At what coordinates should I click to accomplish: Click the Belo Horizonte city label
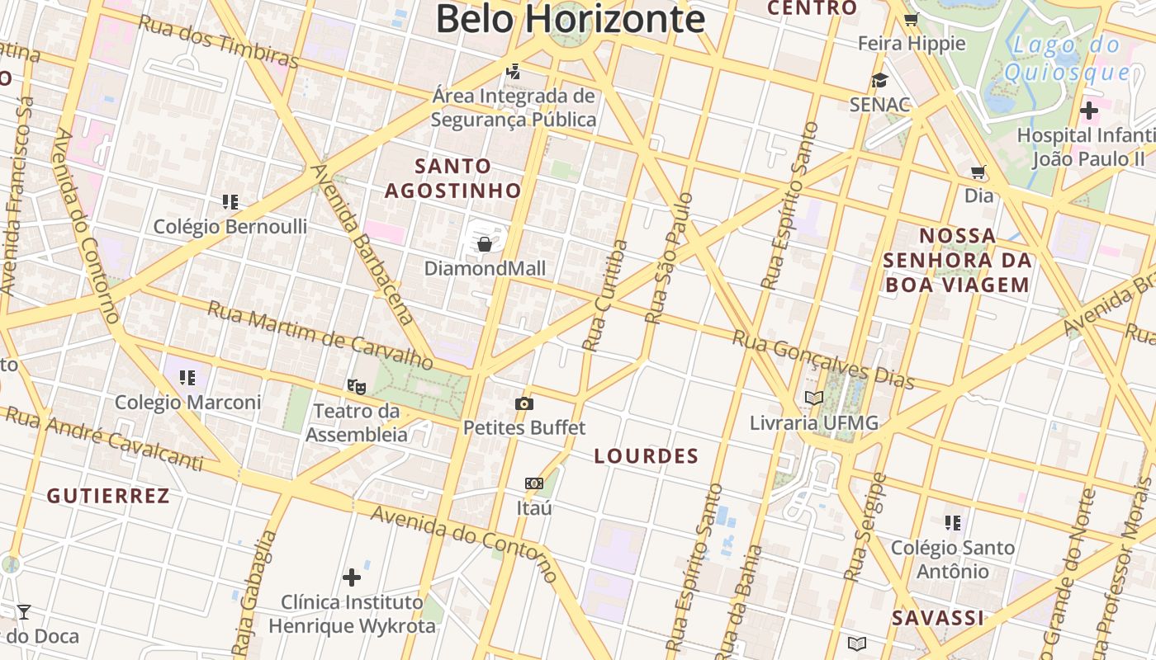click(x=570, y=18)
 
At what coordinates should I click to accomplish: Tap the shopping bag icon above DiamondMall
click(x=485, y=244)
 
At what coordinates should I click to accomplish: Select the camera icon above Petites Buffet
click(x=524, y=403)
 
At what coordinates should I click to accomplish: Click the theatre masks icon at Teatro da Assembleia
click(x=357, y=385)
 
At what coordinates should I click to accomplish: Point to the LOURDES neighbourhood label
click(x=647, y=456)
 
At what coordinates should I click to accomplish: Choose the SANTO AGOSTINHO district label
click(x=453, y=178)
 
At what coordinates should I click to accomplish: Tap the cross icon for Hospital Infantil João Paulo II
click(x=1088, y=110)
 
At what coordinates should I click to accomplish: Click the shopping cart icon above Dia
click(x=978, y=172)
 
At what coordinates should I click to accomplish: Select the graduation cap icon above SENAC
click(x=879, y=80)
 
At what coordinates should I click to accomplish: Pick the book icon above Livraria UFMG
click(x=814, y=398)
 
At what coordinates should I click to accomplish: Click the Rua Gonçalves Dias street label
click(x=823, y=360)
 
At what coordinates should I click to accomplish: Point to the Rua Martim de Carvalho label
click(x=320, y=335)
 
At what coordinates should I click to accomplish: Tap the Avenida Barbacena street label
click(x=362, y=243)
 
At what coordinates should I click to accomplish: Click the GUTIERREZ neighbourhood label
click(x=108, y=496)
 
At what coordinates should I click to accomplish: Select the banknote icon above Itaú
click(x=533, y=483)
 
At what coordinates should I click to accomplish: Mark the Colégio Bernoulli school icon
click(x=230, y=202)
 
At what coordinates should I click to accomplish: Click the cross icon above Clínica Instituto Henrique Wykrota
click(x=352, y=577)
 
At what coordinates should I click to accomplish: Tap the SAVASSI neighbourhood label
click(x=938, y=618)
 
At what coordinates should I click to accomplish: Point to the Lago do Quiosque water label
click(x=1066, y=59)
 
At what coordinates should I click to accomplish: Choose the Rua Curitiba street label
click(x=604, y=295)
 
